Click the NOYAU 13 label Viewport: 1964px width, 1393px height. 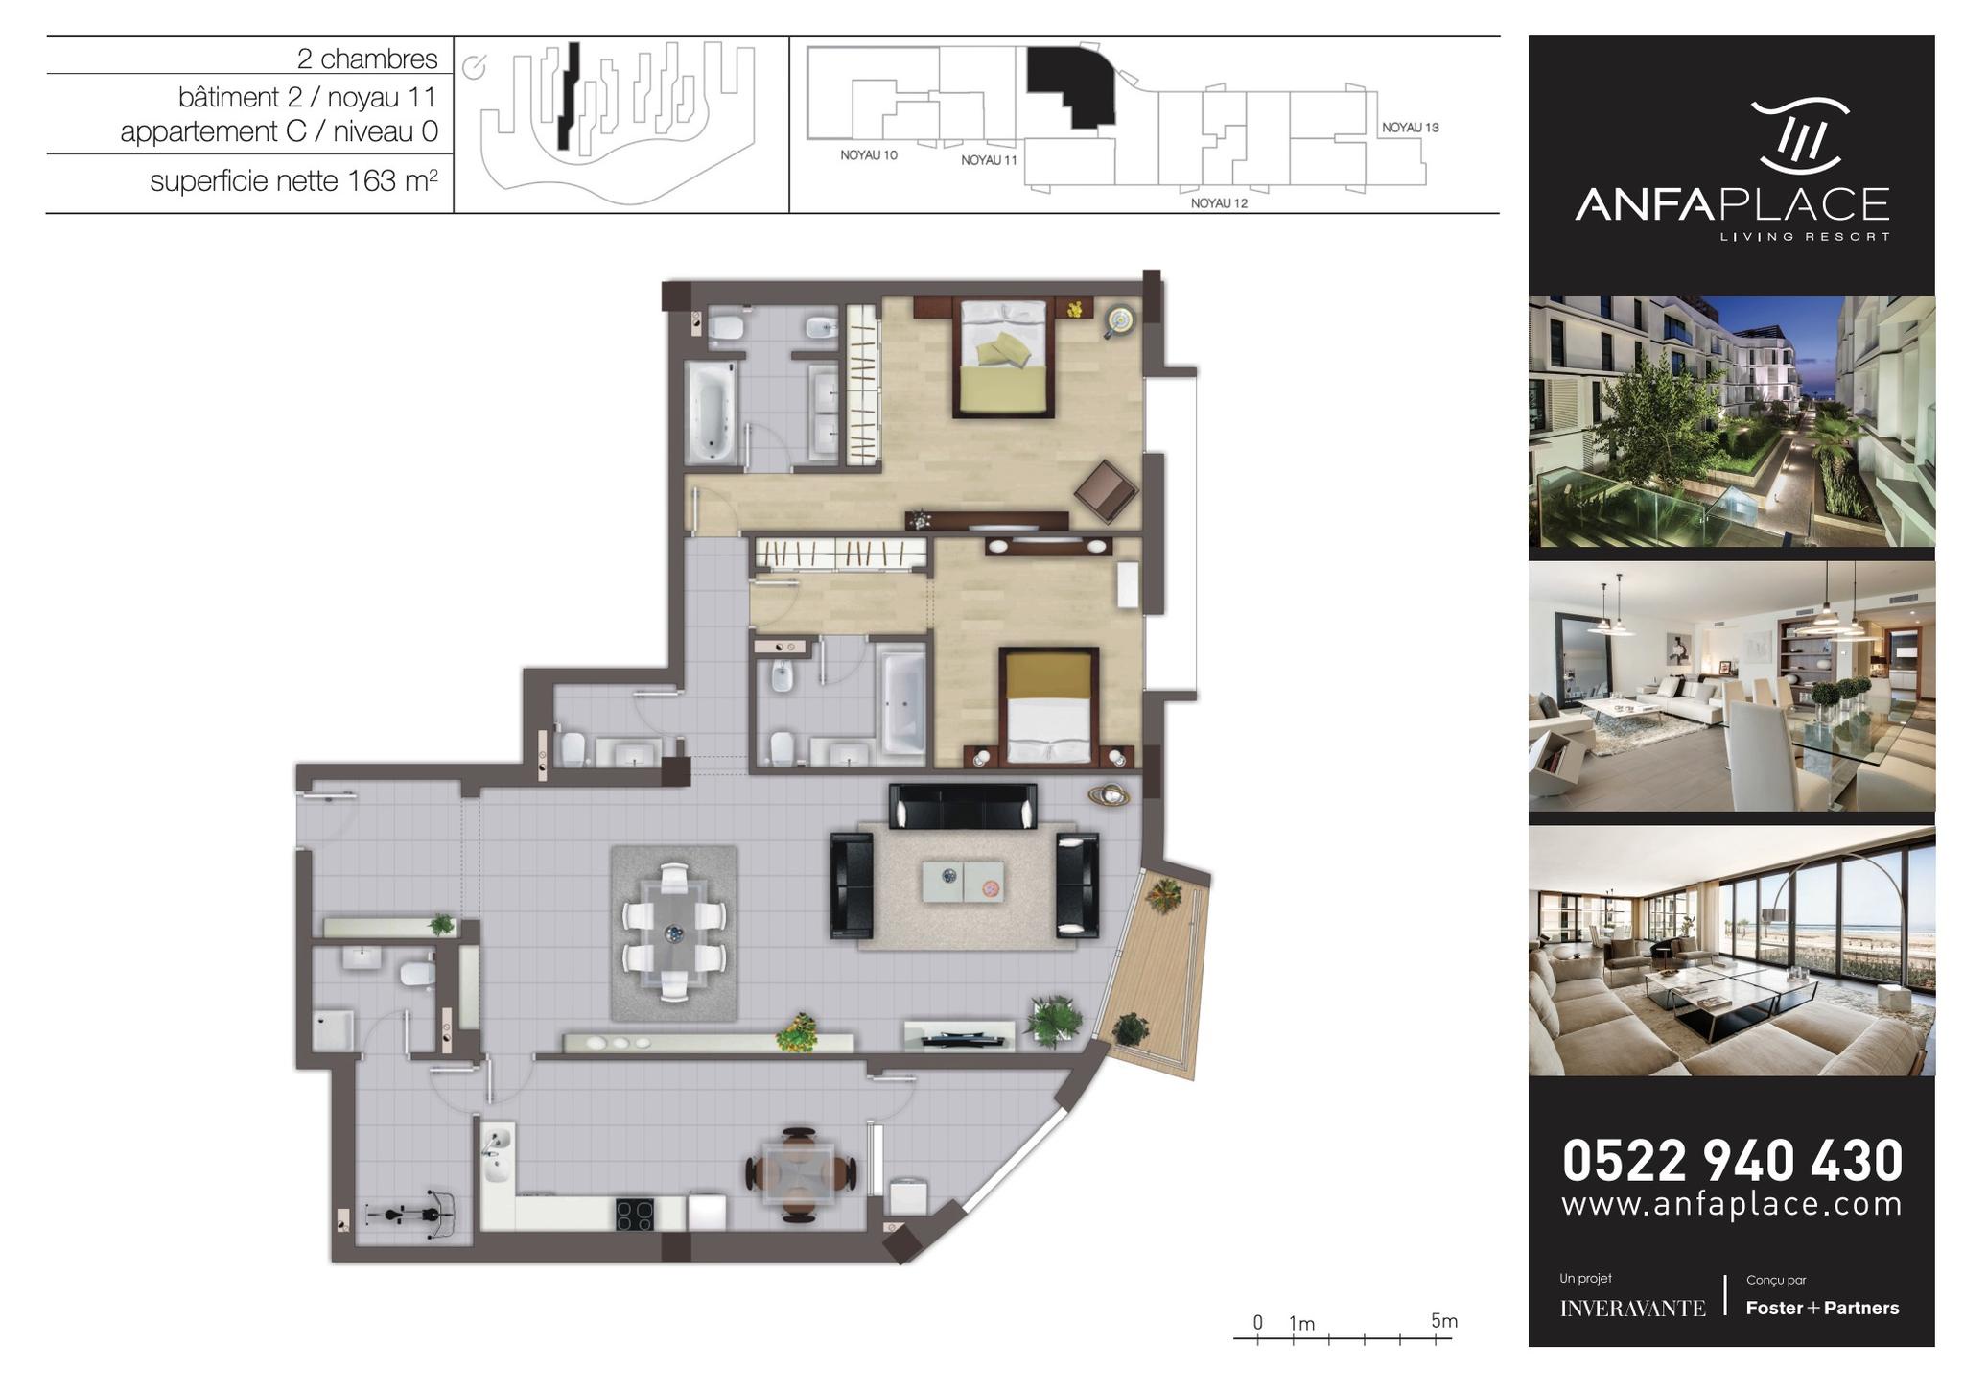click(1410, 128)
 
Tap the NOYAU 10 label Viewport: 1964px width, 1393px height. click(869, 155)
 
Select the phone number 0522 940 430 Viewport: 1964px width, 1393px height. click(1732, 1161)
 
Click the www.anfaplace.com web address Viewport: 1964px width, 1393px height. click(1732, 1204)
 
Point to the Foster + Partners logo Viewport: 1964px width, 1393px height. click(1822, 1309)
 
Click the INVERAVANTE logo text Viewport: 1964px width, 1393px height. click(1632, 1309)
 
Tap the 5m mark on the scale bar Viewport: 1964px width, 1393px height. click(1443, 1321)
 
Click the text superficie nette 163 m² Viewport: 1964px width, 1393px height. click(294, 180)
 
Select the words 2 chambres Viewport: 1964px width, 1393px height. click(367, 59)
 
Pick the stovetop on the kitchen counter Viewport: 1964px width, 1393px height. click(635, 1215)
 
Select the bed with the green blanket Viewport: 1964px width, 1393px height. click(1003, 359)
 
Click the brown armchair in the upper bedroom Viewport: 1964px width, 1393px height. click(1106, 490)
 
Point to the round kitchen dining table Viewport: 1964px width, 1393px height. click(799, 1173)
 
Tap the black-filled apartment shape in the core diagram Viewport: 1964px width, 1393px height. click(1071, 87)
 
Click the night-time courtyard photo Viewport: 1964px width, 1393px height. click(1731, 421)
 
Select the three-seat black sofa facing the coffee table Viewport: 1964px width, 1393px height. click(963, 806)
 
